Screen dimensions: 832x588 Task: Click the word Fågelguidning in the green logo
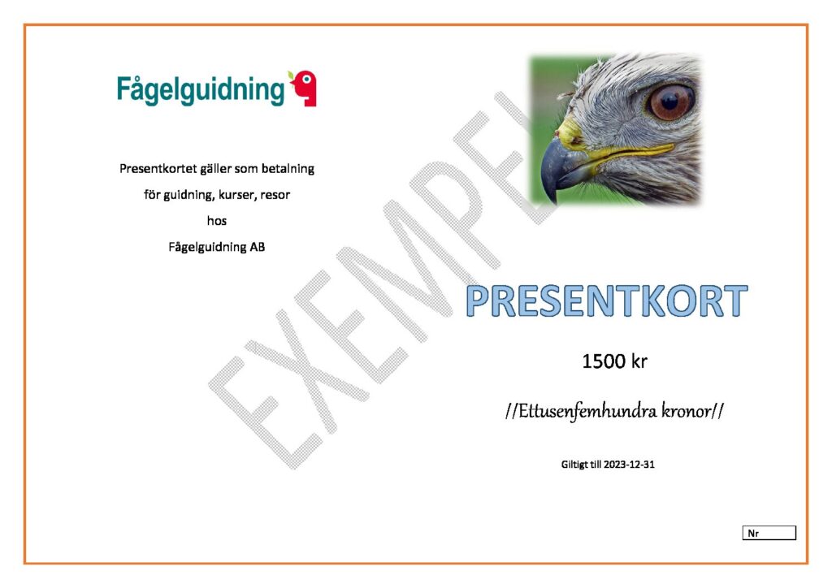point(201,90)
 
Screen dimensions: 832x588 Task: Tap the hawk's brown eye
point(670,101)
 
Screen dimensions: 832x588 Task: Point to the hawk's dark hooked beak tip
point(552,197)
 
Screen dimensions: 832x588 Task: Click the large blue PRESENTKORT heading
point(606,300)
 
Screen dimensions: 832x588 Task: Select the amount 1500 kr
point(614,361)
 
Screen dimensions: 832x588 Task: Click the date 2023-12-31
point(630,465)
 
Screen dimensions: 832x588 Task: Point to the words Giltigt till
point(581,465)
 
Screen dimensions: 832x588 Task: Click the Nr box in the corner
point(769,533)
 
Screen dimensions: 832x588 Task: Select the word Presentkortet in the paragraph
point(158,169)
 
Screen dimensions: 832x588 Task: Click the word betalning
point(287,169)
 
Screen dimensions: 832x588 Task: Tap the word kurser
point(237,195)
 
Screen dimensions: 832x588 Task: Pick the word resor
point(275,195)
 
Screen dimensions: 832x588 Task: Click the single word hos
point(216,221)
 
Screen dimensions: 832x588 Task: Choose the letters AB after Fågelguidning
point(258,247)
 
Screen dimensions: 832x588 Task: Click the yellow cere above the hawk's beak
point(570,132)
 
